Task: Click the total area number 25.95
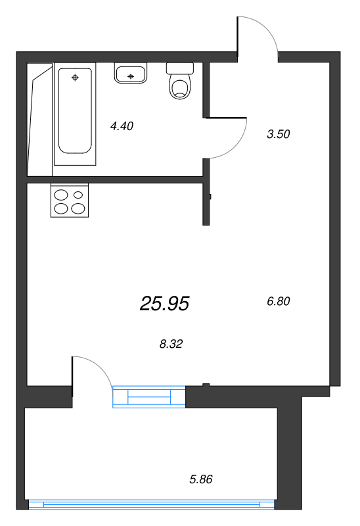point(164,303)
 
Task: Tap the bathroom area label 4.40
point(122,126)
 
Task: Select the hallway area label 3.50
point(279,134)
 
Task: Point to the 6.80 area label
point(279,301)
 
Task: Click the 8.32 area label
point(171,343)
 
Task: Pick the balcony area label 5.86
point(201,479)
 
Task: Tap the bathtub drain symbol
point(75,78)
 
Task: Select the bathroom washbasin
point(131,74)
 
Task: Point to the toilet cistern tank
point(180,68)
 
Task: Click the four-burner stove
point(69,201)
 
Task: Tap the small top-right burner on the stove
point(79,195)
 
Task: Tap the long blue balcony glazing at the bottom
point(152,504)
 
